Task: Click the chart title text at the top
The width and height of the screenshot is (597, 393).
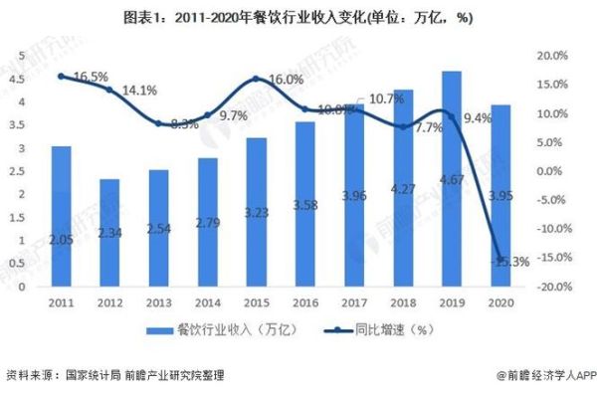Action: pos(298,18)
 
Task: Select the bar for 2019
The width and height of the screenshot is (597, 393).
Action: pos(450,179)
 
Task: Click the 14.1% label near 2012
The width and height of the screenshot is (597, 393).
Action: pos(139,91)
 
